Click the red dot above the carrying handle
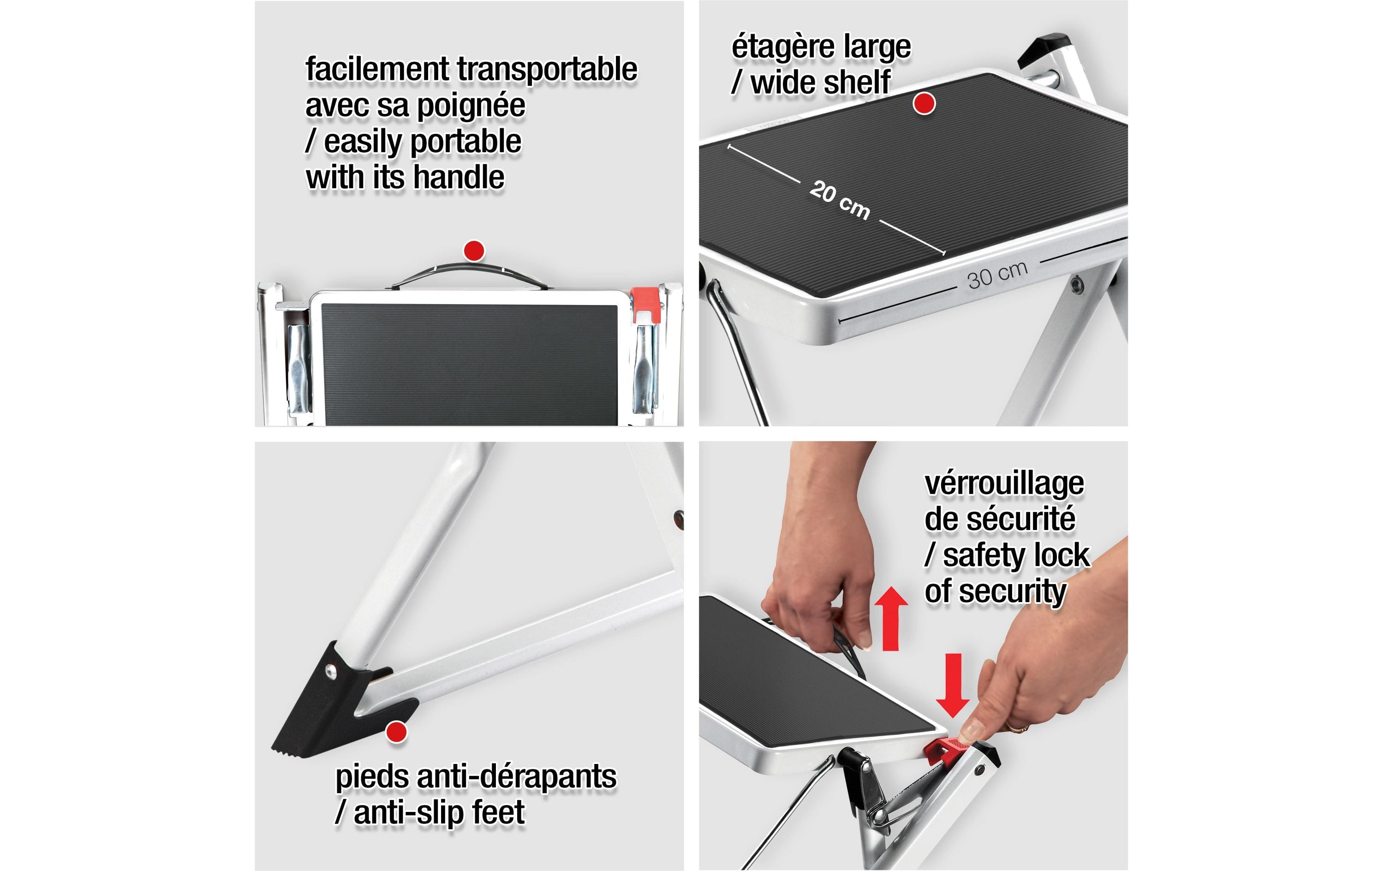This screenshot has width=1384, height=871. click(474, 251)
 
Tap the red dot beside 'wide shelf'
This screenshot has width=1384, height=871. click(924, 103)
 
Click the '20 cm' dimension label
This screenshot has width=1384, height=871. click(839, 199)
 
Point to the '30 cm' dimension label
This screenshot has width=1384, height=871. click(997, 275)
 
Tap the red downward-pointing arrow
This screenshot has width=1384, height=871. click(953, 685)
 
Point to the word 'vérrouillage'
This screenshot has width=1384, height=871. click(1004, 484)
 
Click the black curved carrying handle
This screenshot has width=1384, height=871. click(470, 274)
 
